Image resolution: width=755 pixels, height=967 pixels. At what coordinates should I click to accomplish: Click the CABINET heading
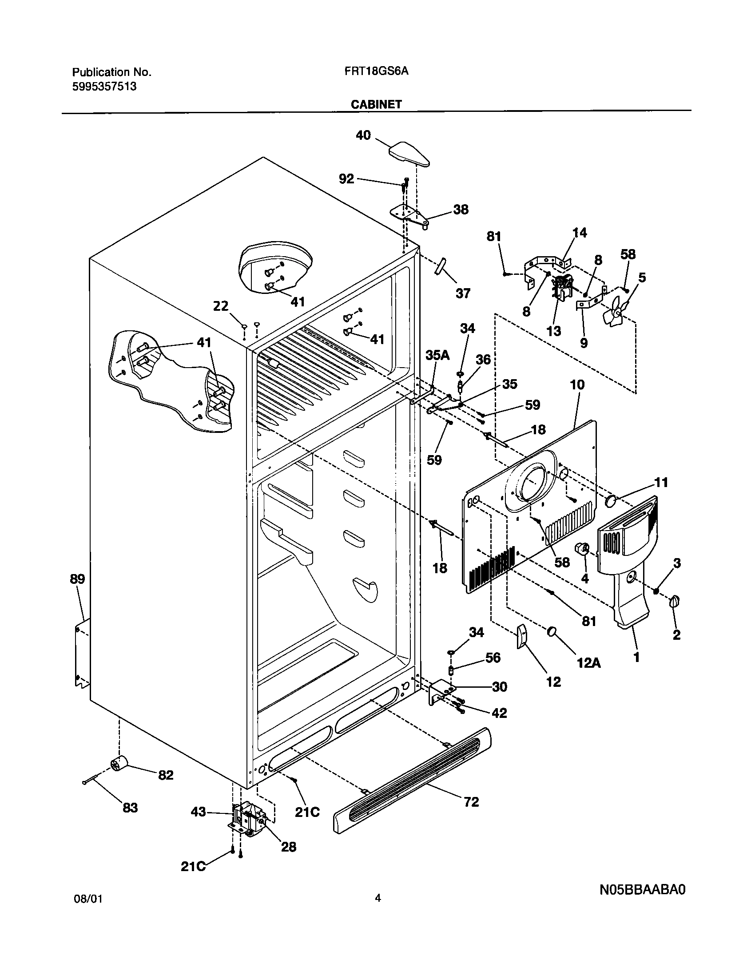coord(376,104)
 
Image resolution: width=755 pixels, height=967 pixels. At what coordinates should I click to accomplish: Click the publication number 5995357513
coord(104,87)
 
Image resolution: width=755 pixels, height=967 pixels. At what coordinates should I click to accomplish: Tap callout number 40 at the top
coord(363,135)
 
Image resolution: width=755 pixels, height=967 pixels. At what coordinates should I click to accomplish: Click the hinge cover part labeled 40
coord(409,154)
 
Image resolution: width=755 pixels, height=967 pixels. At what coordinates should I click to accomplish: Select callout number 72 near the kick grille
coord(472,802)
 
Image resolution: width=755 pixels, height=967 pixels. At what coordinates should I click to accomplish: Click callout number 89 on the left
coord(77,579)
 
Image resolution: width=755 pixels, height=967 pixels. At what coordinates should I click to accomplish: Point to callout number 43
coord(198,812)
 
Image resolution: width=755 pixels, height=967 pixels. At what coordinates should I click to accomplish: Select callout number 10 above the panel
coord(577,385)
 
